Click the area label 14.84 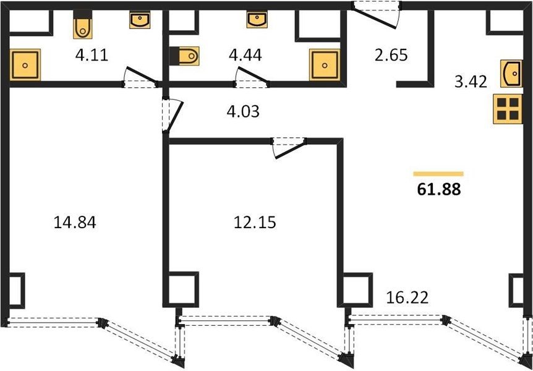click(75, 223)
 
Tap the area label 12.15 click(255, 223)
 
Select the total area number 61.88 click(439, 189)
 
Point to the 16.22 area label click(407, 298)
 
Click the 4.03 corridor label click(243, 111)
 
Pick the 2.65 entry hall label click(391, 55)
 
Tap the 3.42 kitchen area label click(471, 82)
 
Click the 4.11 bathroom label click(92, 55)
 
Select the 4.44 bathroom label click(245, 55)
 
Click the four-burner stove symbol click(508, 109)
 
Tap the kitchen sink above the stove click(511, 74)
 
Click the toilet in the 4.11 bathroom click(83, 24)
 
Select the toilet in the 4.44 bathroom click(184, 56)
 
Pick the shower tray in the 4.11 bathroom click(25, 65)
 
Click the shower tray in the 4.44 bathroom click(325, 65)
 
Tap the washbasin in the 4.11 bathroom click(140, 19)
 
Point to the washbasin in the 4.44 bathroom click(257, 19)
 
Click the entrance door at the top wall click(377, 15)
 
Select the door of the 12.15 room click(289, 148)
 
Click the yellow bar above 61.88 click(438, 174)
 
